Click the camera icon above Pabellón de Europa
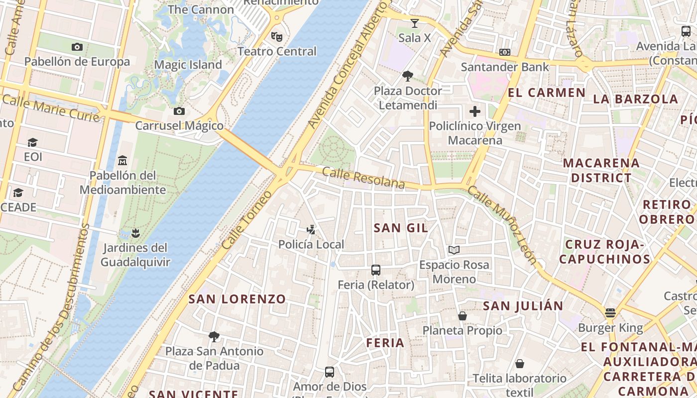pos(77,47)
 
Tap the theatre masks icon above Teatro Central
pos(276,36)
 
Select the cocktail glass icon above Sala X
pos(414,23)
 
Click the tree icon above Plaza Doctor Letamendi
pos(408,76)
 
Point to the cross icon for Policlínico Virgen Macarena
pos(475,111)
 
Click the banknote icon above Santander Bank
pos(505,52)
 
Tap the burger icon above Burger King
pos(610,313)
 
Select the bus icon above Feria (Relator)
pos(376,270)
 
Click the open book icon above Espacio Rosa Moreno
pos(454,250)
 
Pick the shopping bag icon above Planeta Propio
pos(463,316)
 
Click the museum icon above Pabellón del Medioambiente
pos(122,161)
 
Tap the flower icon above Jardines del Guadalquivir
pos(135,233)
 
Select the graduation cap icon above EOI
pos(33,143)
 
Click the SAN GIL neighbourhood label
pos(401,228)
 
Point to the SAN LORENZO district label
pos(237,299)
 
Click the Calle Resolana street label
pos(363,178)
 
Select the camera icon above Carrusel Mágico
pos(179,111)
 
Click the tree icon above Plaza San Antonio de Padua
pos(214,337)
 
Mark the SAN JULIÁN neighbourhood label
pos(523,306)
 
